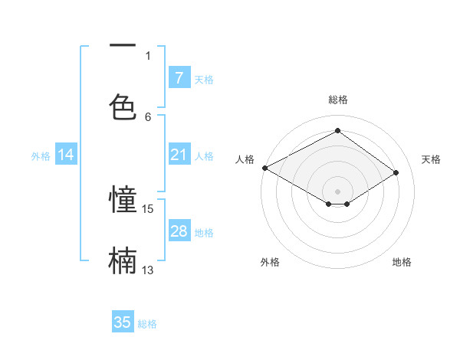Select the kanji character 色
(123, 106)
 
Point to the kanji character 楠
(123, 260)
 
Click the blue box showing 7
(179, 78)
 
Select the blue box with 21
(179, 155)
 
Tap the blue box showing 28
(179, 231)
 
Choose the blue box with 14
(66, 155)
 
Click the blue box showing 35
(123, 322)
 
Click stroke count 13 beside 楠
(148, 270)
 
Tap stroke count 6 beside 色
(148, 116)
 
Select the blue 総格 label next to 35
(147, 324)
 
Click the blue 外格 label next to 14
(41, 155)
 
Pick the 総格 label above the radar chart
(337, 100)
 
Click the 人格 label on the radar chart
(245, 159)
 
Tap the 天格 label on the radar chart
(431, 159)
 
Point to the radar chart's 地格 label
(402, 262)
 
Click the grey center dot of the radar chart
(337, 190)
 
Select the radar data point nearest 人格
(264, 168)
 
